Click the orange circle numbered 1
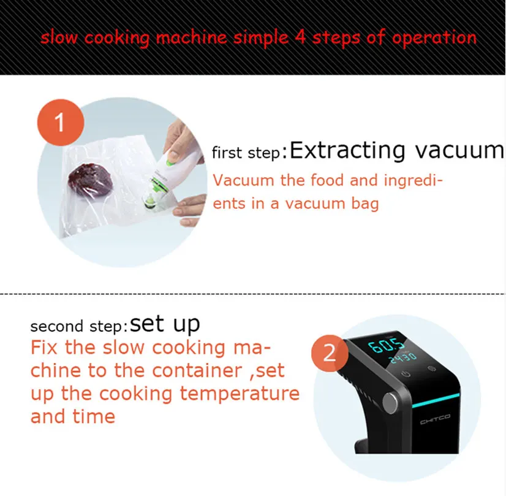[x=61, y=123]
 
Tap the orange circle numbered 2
[x=330, y=353]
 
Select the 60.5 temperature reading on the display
[x=386, y=346]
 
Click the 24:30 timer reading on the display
[x=403, y=357]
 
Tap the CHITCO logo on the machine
[x=435, y=419]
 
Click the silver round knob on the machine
[x=391, y=403]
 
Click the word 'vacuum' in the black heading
[x=459, y=150]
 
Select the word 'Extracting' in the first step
[x=347, y=150]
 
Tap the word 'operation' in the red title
[x=434, y=39]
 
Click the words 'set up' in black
[x=165, y=324]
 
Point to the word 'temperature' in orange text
[x=240, y=394]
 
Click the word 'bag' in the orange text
[x=364, y=204]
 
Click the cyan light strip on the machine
[x=436, y=400]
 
